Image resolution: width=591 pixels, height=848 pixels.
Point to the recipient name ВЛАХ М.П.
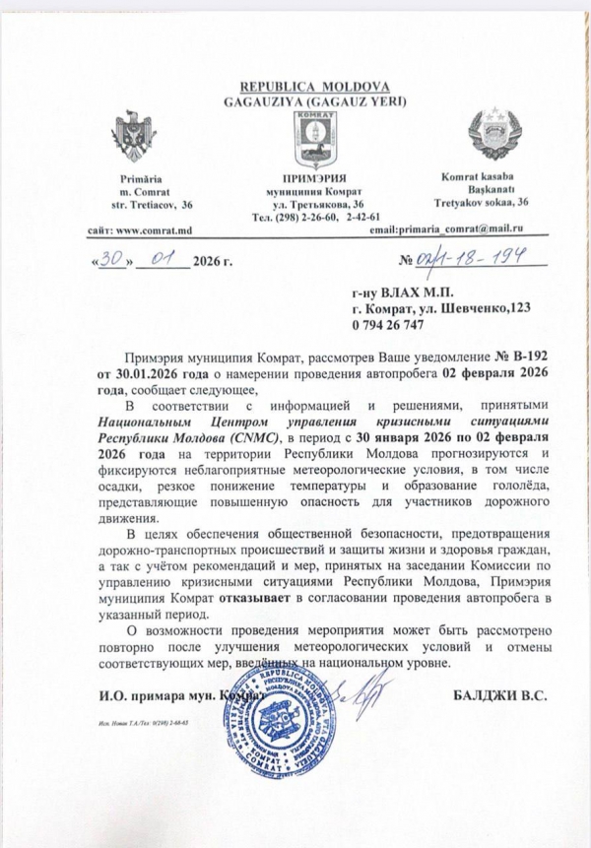click(x=404, y=294)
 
